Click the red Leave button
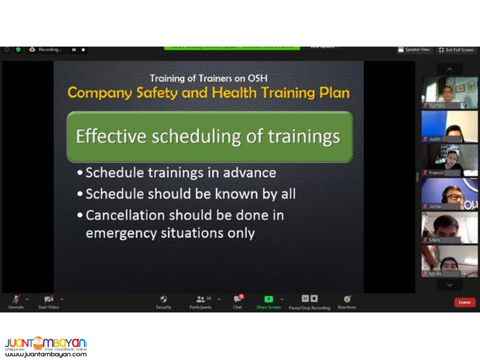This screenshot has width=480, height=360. tap(464, 302)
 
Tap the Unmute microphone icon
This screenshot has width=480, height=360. tap(16, 299)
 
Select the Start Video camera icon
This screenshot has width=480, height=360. tap(48, 299)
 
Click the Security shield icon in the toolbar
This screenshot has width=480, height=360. tap(163, 299)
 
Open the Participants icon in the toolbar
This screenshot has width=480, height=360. tap(201, 299)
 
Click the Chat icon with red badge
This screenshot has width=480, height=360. tap(238, 299)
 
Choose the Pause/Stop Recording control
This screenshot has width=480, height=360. tap(309, 299)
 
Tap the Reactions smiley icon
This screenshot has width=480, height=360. tap(347, 299)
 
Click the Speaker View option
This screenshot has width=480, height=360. tap(414, 50)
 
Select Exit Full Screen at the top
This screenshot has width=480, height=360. tap(456, 50)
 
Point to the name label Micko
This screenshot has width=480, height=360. tap(436, 274)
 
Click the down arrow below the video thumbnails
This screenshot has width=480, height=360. tap(449, 285)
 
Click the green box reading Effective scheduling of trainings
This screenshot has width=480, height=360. tap(209, 137)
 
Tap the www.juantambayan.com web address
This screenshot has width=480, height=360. tap(46, 354)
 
